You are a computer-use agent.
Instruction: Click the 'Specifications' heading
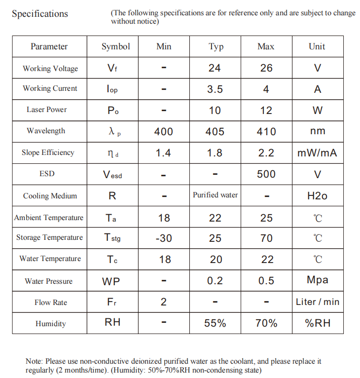[40, 14]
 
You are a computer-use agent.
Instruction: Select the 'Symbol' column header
[116, 46]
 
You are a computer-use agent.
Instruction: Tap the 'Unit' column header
[317, 46]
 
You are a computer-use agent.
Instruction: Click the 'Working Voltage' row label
[50, 69]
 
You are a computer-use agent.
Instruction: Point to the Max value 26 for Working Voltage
[266, 68]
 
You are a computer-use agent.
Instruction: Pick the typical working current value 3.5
[215, 89]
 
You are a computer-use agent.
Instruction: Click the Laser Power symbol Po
[113, 111]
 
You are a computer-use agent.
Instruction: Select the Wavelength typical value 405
[215, 132]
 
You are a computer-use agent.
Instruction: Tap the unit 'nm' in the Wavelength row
[317, 131]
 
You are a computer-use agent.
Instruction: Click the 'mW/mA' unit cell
[317, 153]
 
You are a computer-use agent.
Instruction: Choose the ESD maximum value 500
[266, 174]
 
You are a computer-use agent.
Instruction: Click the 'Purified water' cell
[215, 195]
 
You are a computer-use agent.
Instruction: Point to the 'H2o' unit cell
[317, 196]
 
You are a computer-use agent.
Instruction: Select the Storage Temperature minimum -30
[163, 238]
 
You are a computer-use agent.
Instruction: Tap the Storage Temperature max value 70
[266, 238]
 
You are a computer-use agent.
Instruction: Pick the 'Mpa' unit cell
[317, 280]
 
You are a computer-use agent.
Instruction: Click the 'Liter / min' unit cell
[317, 302]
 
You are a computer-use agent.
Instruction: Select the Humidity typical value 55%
[215, 324]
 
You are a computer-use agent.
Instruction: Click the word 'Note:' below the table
[35, 361]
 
